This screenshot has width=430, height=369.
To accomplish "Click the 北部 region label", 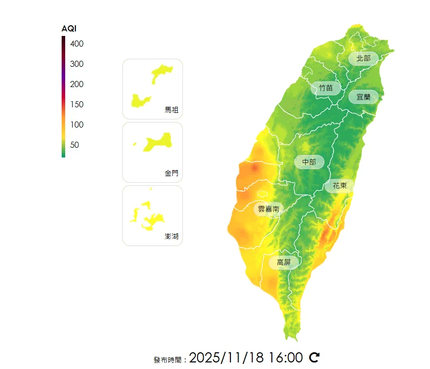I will [x=363, y=58].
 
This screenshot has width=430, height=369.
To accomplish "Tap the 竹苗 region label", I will [x=326, y=88].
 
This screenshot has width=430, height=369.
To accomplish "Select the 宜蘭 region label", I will [x=363, y=97].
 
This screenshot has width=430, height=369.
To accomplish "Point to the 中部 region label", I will [x=309, y=162].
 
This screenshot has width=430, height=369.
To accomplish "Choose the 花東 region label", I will [x=340, y=186].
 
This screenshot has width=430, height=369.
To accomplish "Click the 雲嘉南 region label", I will [x=268, y=209].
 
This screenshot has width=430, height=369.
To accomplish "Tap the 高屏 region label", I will [x=283, y=262].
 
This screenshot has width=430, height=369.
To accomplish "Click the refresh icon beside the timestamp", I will [x=314, y=357].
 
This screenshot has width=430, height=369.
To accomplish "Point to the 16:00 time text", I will [x=285, y=357].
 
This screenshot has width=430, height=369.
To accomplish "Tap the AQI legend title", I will [x=69, y=28].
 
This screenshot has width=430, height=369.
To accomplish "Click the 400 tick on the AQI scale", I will [x=77, y=44].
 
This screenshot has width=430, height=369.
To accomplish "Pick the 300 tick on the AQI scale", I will [x=77, y=64].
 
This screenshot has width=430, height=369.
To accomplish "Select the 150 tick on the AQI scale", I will [x=77, y=105].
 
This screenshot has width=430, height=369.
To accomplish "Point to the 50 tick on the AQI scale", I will [x=74, y=145].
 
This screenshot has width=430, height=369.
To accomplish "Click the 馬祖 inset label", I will [x=171, y=110].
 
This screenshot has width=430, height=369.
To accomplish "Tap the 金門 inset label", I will [x=171, y=173].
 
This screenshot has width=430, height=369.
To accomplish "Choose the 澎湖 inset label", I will [x=171, y=236].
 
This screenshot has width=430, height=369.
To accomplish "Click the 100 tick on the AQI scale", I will [x=77, y=125].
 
